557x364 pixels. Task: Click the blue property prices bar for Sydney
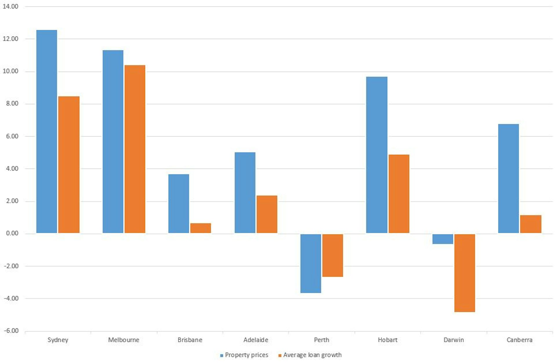tap(46, 131)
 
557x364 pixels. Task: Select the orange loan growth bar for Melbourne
tap(135, 149)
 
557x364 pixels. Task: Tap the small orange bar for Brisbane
tap(200, 228)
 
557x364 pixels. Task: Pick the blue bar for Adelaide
tap(245, 192)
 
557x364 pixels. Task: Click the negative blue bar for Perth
tap(311, 263)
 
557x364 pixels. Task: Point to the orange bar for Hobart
tap(399, 194)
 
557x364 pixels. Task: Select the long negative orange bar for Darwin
tap(464, 273)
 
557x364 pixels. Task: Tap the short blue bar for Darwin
tap(443, 239)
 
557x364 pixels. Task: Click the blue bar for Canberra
tap(508, 178)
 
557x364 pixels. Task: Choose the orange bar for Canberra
tap(531, 224)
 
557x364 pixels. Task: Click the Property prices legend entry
tap(244, 355)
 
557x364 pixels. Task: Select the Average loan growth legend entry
tap(310, 355)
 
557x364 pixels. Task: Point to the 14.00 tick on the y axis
tap(10, 6)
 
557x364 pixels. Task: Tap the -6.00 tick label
tap(11, 331)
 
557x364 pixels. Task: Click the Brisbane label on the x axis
tap(190, 340)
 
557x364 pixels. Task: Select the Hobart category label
tap(388, 340)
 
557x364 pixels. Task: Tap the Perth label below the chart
tap(321, 340)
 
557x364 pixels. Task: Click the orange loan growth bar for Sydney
tap(69, 165)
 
